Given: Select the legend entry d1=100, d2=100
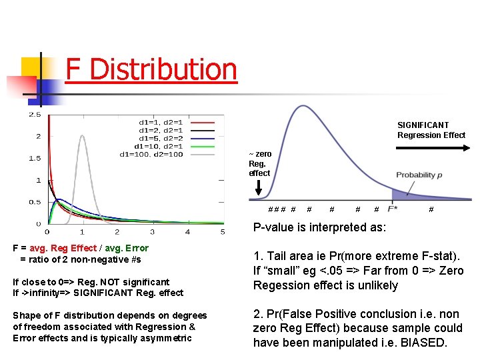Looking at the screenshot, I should (x=151, y=155).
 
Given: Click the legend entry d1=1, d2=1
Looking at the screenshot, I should (x=161, y=123).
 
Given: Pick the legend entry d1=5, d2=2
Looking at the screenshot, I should (x=161, y=139).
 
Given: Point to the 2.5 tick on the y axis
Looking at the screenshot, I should (x=33, y=115).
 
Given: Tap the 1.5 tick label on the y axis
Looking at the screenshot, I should (x=33, y=159).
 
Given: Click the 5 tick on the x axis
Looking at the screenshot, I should (x=223, y=232).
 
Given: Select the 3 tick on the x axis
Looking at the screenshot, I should (x=152, y=232).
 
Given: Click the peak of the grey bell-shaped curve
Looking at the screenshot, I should (x=82, y=136).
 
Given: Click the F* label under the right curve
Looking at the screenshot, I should (x=393, y=209).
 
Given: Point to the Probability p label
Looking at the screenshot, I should (x=419, y=175).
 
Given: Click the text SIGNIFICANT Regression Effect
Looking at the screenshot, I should (x=431, y=130).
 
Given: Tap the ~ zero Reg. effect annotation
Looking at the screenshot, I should (x=259, y=163).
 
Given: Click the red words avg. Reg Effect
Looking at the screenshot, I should (x=65, y=249).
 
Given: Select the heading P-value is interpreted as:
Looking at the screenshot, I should (x=319, y=227).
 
